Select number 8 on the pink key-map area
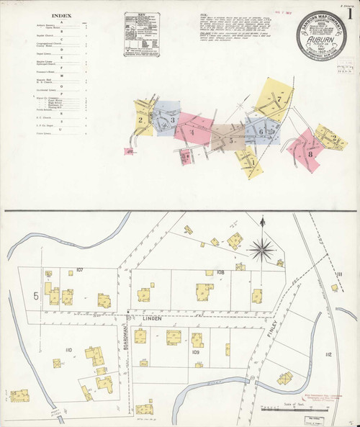coord(310,153)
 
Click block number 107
coord(80,270)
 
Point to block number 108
coord(220,271)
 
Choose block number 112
coord(328,355)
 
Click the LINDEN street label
coord(152,318)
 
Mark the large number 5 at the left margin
coord(35,295)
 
